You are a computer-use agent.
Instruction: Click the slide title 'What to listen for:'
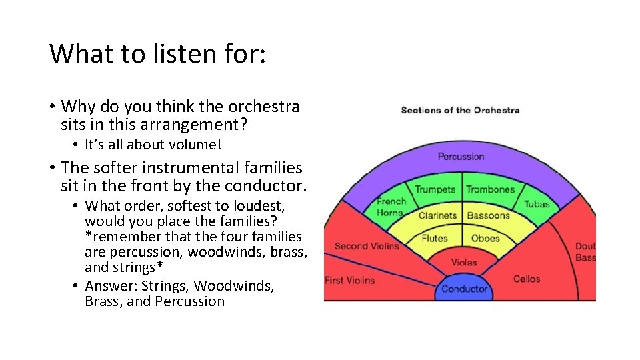click(158, 53)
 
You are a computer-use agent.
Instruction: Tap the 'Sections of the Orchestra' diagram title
click(460, 110)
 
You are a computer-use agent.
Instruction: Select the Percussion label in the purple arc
click(461, 157)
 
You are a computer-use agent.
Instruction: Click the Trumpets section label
click(435, 189)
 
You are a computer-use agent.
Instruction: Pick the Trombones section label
click(490, 189)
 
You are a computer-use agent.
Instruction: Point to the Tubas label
click(536, 204)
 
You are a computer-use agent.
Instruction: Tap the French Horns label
click(390, 207)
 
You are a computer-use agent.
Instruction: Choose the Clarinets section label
click(437, 215)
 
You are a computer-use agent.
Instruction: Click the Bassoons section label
click(488, 215)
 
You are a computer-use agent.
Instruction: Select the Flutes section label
click(435, 238)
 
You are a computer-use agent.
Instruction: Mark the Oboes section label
click(485, 238)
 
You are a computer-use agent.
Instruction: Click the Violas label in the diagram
click(464, 262)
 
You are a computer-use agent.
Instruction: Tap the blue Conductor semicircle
click(465, 288)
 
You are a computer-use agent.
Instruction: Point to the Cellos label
click(527, 279)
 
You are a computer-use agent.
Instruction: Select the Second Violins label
click(367, 246)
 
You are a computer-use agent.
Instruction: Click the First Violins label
click(349, 280)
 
